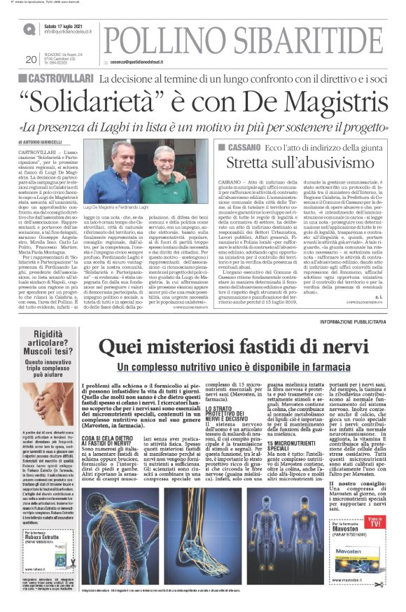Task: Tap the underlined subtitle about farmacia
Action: tap(238, 348)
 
